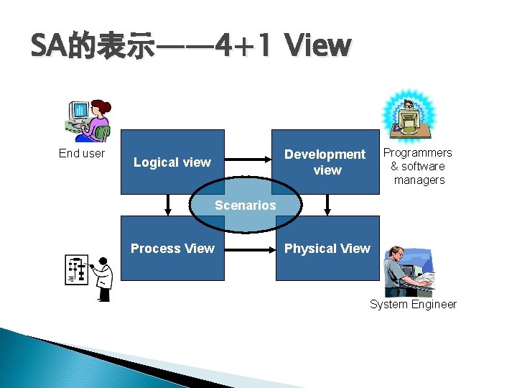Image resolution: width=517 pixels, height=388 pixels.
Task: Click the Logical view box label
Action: [x=172, y=162]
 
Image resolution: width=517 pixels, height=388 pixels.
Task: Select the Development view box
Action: [x=325, y=162]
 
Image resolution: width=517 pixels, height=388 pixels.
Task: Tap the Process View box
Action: [x=172, y=249]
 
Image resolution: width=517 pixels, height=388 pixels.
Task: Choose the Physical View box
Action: [x=327, y=249]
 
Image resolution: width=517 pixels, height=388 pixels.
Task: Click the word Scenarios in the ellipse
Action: [x=245, y=205]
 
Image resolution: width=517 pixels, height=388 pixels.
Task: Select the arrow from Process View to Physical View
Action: [x=251, y=250]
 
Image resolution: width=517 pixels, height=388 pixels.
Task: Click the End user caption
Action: [x=82, y=153]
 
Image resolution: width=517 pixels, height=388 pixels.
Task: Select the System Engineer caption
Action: [x=413, y=304]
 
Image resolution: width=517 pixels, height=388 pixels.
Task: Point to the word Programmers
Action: [x=417, y=152]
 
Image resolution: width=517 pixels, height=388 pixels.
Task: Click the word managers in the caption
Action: [x=419, y=180]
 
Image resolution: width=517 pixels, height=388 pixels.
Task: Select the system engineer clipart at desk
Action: [x=408, y=271]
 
